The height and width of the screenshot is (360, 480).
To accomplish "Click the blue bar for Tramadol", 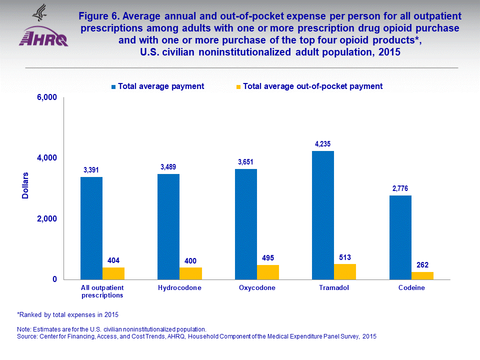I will [323, 215].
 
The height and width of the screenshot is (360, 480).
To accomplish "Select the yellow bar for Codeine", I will [422, 275].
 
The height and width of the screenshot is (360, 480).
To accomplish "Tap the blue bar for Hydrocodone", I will [168, 226].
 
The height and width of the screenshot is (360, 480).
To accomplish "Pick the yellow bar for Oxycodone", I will [268, 272].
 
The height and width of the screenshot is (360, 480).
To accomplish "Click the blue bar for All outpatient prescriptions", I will [91, 228].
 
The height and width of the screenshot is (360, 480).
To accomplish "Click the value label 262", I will [422, 265].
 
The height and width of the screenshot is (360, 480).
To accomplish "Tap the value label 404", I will [113, 260].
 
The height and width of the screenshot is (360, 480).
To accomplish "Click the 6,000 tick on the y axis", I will [47, 97].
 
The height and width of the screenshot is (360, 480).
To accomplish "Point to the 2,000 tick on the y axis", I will [47, 219].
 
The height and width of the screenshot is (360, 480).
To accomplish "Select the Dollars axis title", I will [25, 185].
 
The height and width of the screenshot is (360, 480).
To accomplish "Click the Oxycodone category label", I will [257, 288].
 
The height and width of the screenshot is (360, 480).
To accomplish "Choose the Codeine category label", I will [411, 288].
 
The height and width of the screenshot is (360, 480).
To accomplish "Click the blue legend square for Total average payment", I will [114, 86].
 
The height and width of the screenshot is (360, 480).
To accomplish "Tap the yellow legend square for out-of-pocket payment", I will [238, 86].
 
